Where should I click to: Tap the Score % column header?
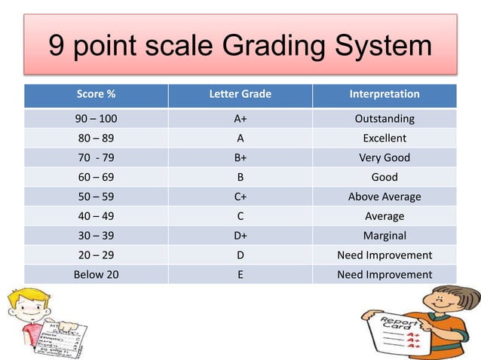click(96, 95)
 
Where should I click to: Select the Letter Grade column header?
click(240, 95)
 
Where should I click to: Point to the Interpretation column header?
click(384, 95)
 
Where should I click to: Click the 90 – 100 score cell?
click(96, 119)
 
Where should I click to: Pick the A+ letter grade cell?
click(240, 119)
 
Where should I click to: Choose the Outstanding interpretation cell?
click(384, 119)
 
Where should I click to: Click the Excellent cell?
click(384, 139)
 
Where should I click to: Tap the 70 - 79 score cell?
click(96, 158)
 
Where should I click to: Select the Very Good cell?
click(384, 158)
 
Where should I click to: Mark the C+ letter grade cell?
click(240, 197)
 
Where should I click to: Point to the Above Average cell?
click(384, 197)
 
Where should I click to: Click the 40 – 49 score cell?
click(96, 216)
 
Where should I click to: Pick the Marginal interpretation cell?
click(384, 236)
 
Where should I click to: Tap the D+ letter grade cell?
click(240, 236)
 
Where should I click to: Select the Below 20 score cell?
click(96, 275)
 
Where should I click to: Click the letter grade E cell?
click(240, 275)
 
